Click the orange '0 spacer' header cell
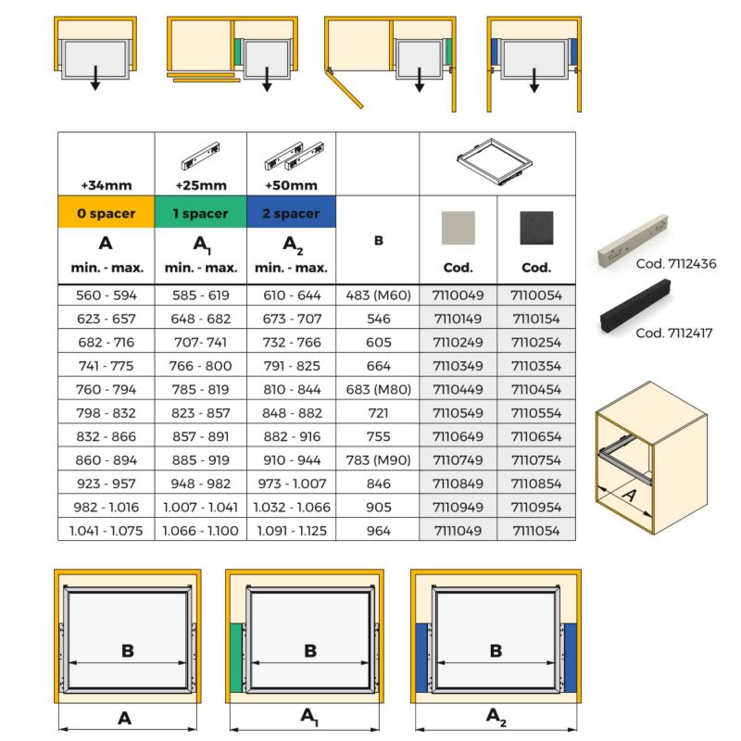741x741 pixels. [107, 214]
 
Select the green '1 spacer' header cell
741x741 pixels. [200, 214]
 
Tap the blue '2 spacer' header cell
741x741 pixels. [291, 214]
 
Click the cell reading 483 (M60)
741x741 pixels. [378, 296]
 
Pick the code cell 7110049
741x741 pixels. [458, 296]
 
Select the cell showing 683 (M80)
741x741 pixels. [378, 390]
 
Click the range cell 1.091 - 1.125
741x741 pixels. [291, 531]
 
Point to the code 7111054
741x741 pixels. [536, 531]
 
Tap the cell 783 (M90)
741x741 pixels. [378, 460]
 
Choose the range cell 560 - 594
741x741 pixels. [107, 296]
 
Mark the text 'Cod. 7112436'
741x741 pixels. [676, 264]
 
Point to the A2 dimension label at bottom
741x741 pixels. [497, 715]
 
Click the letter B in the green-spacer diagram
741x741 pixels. [311, 650]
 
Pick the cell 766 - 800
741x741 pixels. [200, 367]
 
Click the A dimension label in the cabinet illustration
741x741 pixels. [629, 495]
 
